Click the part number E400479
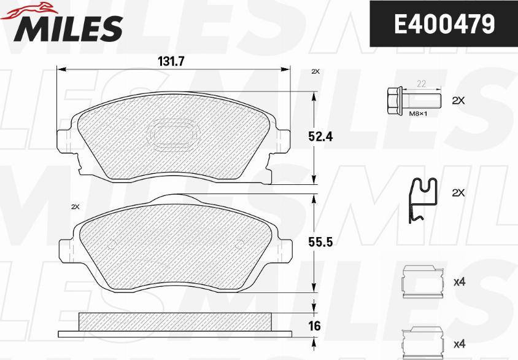pyautogui.click(x=444, y=24)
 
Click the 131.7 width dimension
pyautogui.click(x=171, y=61)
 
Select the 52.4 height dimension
pyautogui.click(x=320, y=137)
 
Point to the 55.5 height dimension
pyautogui.click(x=320, y=243)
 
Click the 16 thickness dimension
pyautogui.click(x=314, y=326)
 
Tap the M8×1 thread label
pyautogui.click(x=418, y=114)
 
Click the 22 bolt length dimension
pyautogui.click(x=421, y=84)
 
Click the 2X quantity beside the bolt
pyautogui.click(x=458, y=101)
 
